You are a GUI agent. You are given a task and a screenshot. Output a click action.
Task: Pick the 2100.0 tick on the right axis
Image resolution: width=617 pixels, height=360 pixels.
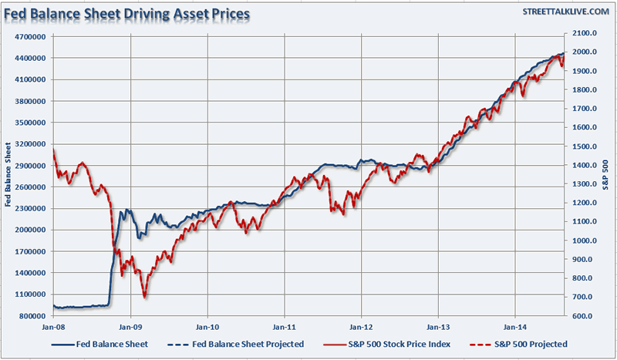point(578,33)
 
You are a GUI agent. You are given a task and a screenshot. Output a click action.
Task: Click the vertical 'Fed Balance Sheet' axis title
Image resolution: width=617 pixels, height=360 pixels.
point(8,175)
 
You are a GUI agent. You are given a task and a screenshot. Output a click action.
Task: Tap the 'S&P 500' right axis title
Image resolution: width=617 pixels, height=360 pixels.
point(605,175)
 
